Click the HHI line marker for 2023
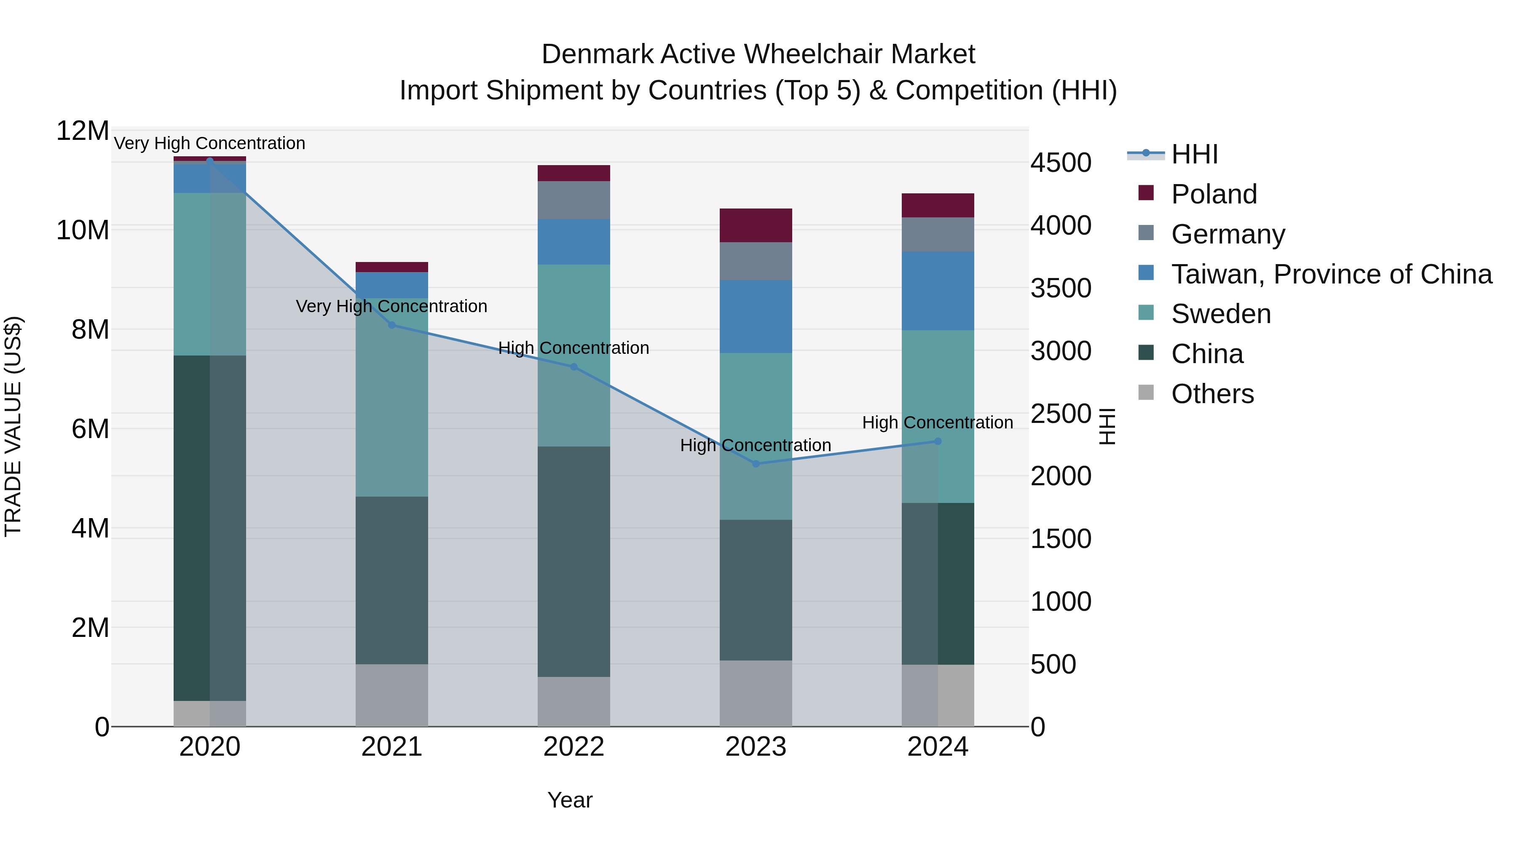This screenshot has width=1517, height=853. [756, 463]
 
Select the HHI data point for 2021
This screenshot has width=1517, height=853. [391, 325]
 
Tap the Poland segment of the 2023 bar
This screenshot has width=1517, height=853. [756, 225]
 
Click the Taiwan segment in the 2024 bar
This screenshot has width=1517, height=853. [938, 291]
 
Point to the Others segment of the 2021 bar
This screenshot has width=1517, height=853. [391, 695]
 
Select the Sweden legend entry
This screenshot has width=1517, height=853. [1221, 314]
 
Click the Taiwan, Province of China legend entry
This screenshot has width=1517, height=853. [1331, 274]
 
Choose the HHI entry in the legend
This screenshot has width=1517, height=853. [1194, 154]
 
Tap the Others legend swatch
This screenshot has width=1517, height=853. [1146, 393]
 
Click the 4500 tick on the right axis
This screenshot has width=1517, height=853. [1061, 163]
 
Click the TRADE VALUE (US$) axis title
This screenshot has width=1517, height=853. [13, 426]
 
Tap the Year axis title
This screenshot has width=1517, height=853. [569, 800]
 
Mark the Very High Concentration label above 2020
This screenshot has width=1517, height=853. [210, 143]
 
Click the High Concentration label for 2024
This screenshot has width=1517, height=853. [938, 422]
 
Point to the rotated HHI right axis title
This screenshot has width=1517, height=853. [1107, 426]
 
